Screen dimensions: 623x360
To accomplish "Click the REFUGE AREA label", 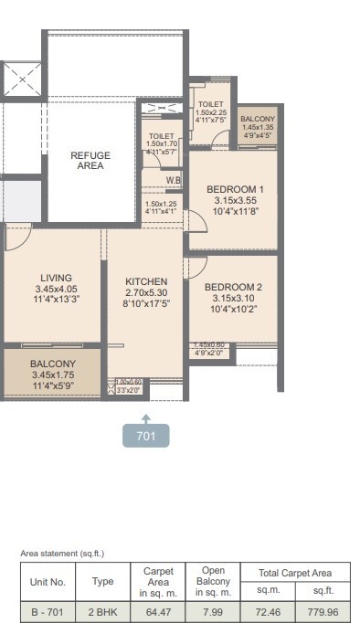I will pos(90,161).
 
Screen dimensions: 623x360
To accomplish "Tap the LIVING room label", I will pos(56,278).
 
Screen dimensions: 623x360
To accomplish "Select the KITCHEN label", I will pos(146,281).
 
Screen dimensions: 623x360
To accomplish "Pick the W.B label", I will pos(173,179).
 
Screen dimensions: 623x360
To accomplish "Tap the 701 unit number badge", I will pos(146,436).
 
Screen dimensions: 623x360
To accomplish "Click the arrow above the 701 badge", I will pos(146,416).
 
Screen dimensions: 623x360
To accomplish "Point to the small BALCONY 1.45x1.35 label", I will pos(257,120).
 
